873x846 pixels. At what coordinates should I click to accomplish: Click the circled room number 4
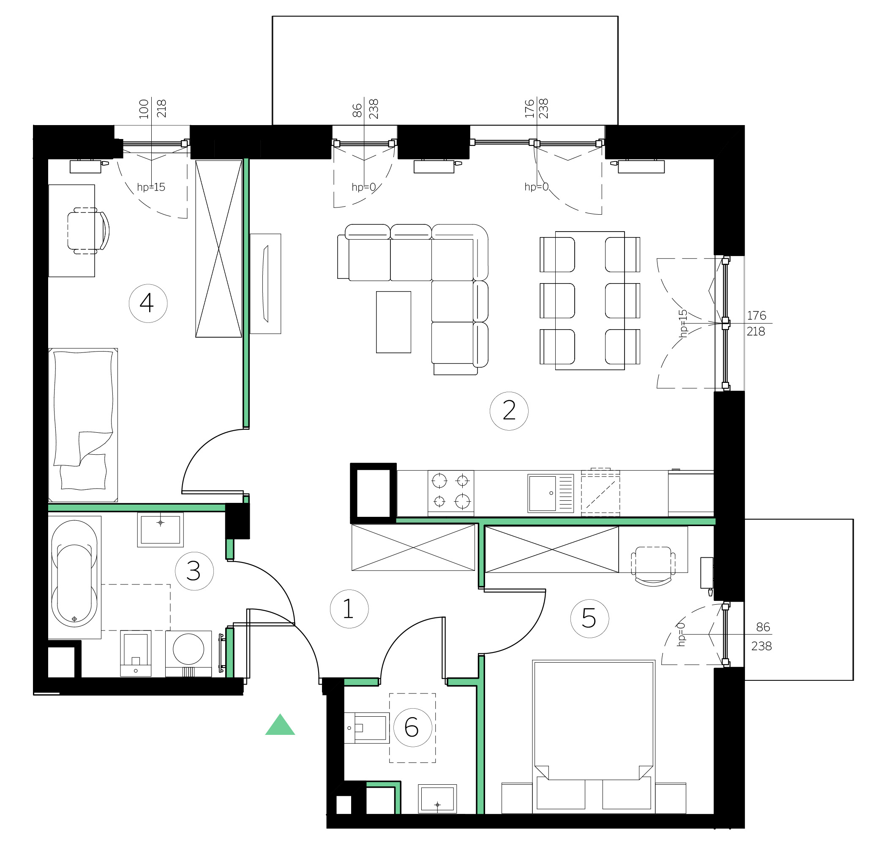pyautogui.click(x=148, y=303)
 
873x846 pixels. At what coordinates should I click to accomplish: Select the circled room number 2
pyautogui.click(x=509, y=411)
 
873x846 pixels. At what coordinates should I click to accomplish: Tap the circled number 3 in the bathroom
pyautogui.click(x=194, y=571)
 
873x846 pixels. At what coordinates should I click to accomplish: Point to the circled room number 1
pyautogui.click(x=349, y=609)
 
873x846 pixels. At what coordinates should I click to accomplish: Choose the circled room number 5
pyautogui.click(x=589, y=618)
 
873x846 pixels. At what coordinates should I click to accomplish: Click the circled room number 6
pyautogui.click(x=412, y=728)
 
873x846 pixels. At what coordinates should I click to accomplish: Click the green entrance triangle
pyautogui.click(x=280, y=725)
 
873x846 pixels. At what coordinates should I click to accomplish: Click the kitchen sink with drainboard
pyautogui.click(x=551, y=493)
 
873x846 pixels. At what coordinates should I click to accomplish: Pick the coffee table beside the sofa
pyautogui.click(x=393, y=322)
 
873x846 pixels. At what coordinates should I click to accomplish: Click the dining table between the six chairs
pyautogui.click(x=590, y=301)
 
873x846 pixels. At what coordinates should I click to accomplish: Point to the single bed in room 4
pyautogui.click(x=83, y=425)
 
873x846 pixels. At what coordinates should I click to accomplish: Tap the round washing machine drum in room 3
pyautogui.click(x=188, y=649)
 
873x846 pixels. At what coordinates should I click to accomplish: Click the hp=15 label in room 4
pyautogui.click(x=151, y=187)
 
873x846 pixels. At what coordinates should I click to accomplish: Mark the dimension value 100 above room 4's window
pyautogui.click(x=143, y=109)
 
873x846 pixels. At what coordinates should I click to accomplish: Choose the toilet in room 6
pyautogui.click(x=366, y=728)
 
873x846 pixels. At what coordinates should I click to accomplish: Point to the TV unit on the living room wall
pyautogui.click(x=265, y=284)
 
